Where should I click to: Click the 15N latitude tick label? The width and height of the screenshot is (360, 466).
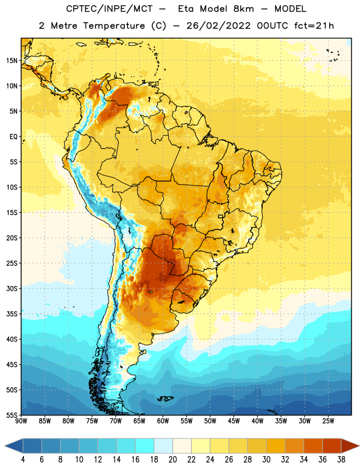tap(12, 61)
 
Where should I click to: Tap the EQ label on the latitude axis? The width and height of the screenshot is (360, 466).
tap(13, 137)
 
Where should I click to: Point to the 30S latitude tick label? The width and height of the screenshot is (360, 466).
tap(12, 288)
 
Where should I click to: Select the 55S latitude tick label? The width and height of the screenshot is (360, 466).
tap(12, 415)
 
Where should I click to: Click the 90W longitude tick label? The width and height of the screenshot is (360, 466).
tap(21, 421)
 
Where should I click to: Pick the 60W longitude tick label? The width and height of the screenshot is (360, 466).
tap(163, 421)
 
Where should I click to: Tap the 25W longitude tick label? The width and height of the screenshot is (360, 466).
tap(328, 421)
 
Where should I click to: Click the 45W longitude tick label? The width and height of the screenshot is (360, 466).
tap(234, 421)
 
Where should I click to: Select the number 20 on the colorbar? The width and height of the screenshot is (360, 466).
tap(172, 460)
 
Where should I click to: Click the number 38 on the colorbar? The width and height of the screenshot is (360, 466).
tap(341, 460)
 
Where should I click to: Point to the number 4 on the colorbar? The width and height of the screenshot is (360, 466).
tap(23, 460)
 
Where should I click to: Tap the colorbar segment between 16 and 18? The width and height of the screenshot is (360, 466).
tap(145, 446)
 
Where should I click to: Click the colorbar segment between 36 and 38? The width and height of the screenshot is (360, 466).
tap(332, 446)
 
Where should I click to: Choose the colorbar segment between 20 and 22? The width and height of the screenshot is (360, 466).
tap(182, 446)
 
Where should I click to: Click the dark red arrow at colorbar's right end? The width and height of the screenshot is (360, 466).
tap(350, 446)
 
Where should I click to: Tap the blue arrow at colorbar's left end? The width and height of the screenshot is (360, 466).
tap(14, 446)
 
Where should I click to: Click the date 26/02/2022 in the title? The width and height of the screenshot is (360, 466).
tap(218, 26)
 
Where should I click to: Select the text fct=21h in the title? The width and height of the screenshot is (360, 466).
tap(314, 26)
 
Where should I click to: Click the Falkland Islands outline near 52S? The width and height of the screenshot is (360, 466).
tap(165, 398)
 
